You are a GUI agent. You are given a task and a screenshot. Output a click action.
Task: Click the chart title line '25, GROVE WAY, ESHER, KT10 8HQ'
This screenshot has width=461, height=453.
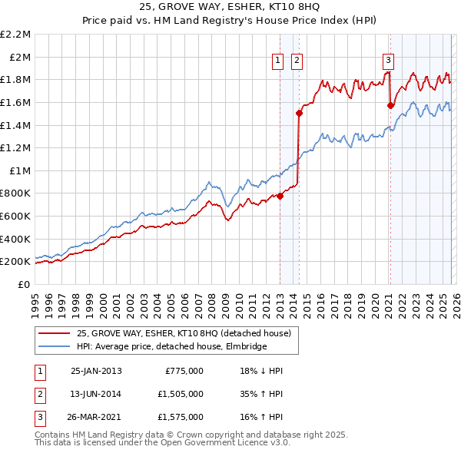[230, 8]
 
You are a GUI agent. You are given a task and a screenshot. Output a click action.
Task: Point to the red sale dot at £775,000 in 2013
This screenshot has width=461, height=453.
[280, 196]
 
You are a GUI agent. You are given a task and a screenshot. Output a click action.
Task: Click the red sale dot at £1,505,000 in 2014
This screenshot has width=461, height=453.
[299, 113]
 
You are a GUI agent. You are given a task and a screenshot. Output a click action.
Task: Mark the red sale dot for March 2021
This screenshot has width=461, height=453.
[390, 105]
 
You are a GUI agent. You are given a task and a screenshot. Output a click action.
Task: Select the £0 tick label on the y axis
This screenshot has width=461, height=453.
[25, 284]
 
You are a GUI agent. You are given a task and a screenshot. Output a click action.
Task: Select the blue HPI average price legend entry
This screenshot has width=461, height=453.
[171, 347]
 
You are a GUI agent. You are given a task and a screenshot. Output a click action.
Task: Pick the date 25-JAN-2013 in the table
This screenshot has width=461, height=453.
[96, 370]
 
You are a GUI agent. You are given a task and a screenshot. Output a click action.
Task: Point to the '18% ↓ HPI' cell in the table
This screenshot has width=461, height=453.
[261, 370]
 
